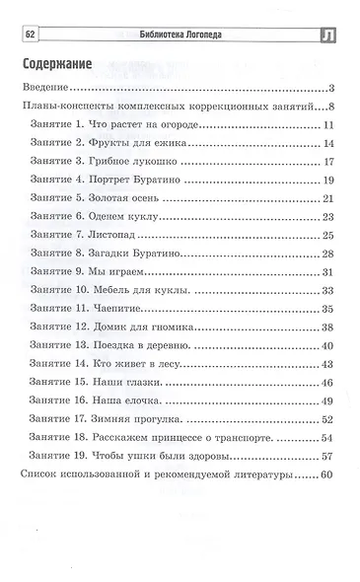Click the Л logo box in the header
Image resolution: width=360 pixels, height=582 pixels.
coord(329,36)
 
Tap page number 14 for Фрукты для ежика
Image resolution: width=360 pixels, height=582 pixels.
coord(329,143)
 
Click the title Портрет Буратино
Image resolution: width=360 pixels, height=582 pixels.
coord(156,180)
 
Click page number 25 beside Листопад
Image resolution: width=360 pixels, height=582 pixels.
coord(329,235)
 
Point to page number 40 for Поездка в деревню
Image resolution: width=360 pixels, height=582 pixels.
coord(329,345)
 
